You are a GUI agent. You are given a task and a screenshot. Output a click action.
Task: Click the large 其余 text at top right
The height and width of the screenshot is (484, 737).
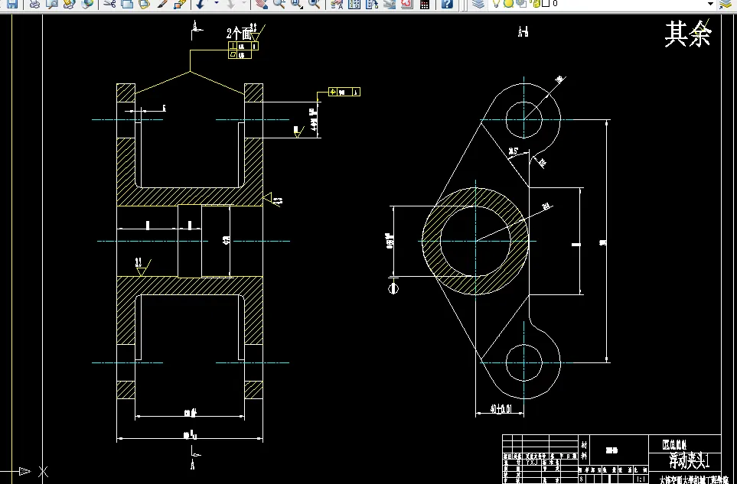point(688,34)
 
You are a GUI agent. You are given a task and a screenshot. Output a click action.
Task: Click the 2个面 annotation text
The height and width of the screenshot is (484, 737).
point(240,34)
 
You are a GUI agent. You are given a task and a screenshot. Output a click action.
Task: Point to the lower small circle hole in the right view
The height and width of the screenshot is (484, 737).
point(524,362)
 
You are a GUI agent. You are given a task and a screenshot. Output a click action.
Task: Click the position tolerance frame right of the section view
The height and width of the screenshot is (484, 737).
point(344,93)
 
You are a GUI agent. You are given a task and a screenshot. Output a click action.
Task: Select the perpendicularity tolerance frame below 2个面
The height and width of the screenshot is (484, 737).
point(243,50)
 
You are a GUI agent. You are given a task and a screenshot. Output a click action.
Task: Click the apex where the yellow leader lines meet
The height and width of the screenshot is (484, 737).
point(190,73)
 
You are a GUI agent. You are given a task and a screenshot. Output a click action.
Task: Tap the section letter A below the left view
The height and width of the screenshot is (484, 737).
point(193,463)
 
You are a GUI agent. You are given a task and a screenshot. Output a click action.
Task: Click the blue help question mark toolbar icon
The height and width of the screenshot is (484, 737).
point(447,5)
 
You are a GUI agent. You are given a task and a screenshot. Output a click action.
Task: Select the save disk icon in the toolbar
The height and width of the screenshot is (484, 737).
point(11,5)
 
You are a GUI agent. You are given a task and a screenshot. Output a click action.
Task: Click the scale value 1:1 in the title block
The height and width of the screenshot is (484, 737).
point(638,479)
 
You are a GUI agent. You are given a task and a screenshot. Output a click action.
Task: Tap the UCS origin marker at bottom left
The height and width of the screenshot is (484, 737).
point(43,470)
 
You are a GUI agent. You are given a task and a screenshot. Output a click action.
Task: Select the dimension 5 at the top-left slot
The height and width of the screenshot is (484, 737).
point(163,109)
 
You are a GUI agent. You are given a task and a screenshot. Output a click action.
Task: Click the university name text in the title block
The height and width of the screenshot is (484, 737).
point(690,479)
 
